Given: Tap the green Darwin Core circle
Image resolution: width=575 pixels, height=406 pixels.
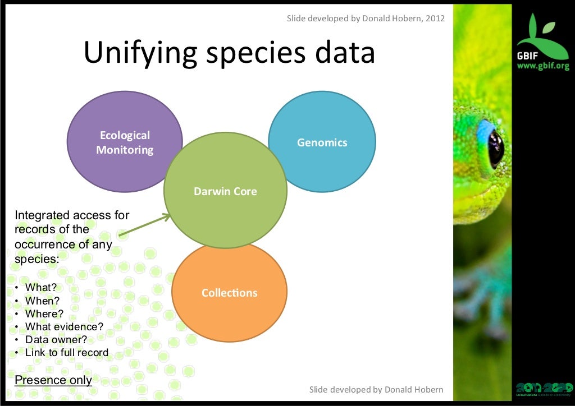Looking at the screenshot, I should (225, 191).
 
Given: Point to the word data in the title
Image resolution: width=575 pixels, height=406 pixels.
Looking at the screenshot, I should (345, 53).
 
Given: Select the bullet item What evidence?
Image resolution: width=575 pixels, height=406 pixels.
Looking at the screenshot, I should (64, 326).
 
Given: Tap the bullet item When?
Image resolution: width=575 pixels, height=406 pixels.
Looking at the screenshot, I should (42, 301).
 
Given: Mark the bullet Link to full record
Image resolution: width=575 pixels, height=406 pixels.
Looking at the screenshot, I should (66, 353).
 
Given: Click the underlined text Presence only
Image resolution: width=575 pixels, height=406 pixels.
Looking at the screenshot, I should (53, 380).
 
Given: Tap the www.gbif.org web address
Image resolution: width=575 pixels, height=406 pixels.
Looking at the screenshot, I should (542, 66).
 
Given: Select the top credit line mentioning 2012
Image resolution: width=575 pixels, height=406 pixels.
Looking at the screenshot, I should (366, 19).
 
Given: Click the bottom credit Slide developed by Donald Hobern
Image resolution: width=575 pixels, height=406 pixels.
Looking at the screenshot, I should (376, 389).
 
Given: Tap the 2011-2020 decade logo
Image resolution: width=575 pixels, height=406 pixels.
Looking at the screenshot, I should (543, 388).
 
